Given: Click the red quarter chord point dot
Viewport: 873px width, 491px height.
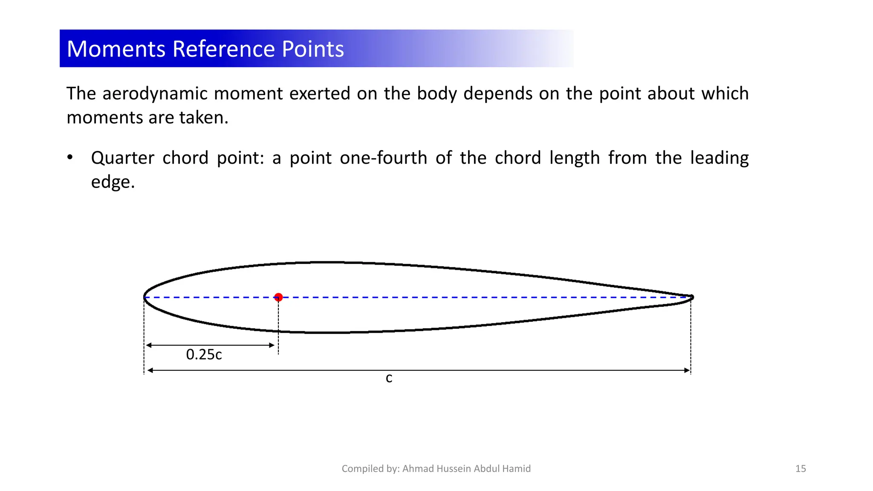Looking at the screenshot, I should click(x=278, y=297).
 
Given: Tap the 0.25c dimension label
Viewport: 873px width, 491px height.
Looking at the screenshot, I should click(x=204, y=355).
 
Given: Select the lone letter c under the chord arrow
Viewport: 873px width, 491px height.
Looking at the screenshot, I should click(x=389, y=378).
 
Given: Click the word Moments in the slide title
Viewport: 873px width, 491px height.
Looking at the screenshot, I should click(x=116, y=49).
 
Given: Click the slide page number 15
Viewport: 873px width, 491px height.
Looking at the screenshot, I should click(x=801, y=469).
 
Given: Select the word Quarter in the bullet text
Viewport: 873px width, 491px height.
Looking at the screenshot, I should click(x=122, y=158).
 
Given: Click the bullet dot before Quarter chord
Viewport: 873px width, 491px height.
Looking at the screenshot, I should click(x=70, y=158).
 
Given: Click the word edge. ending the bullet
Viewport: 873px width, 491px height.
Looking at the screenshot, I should click(x=113, y=182).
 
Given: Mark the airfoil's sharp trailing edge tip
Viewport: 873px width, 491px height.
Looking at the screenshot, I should click(x=691, y=297).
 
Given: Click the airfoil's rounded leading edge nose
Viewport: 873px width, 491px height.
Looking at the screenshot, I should click(x=145, y=297).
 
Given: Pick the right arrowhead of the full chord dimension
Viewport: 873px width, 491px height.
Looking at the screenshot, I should click(x=687, y=370).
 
